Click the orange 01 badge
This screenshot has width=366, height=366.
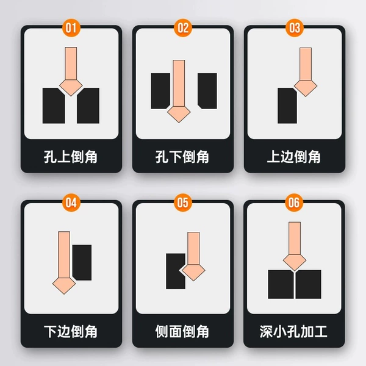click(x=71, y=28)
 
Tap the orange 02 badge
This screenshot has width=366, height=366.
click(x=183, y=28)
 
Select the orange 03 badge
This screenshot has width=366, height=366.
click(x=295, y=28)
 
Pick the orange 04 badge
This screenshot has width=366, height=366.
click(x=71, y=203)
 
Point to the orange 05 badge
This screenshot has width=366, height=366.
click(x=183, y=203)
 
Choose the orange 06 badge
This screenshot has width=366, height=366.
click(x=294, y=203)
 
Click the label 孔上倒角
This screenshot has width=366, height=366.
click(x=71, y=157)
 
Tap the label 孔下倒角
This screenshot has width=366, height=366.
click(x=182, y=157)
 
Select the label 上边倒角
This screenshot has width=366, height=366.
click(x=294, y=157)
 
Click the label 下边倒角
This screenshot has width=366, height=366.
click(x=71, y=331)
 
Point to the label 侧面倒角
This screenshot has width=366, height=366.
click(x=182, y=331)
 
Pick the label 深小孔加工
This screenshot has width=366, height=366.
click(x=293, y=331)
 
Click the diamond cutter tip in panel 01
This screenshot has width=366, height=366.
click(x=71, y=87)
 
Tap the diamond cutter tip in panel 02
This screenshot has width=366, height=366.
click(x=179, y=114)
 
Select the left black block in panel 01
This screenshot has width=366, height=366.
click(x=54, y=106)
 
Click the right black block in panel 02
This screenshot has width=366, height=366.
click(x=207, y=91)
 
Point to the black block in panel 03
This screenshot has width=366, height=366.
click(x=287, y=106)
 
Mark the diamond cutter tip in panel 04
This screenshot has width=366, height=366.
click(x=64, y=286)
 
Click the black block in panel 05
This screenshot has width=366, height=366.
click(x=175, y=271)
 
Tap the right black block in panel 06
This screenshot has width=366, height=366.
click(x=309, y=284)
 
